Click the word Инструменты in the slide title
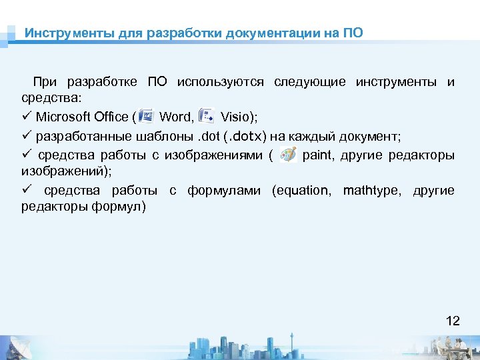pyautogui.click(x=56, y=33)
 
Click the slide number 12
pyautogui.click(x=453, y=321)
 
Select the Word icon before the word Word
pyautogui.click(x=145, y=116)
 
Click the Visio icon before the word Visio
pyautogui.click(x=207, y=116)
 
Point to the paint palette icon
pyautogui.click(x=288, y=155)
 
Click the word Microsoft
pyautogui.click(x=64, y=117)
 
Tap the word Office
pyautogui.click(x=113, y=117)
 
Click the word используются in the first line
pyautogui.click(x=221, y=82)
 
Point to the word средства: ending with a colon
pyautogui.click(x=52, y=98)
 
